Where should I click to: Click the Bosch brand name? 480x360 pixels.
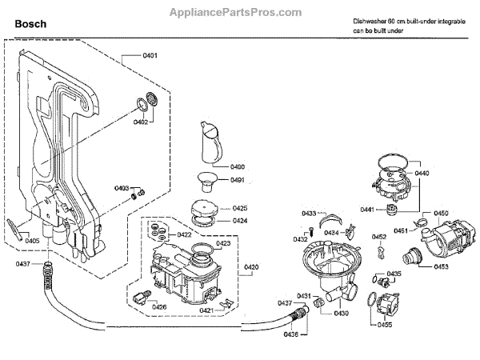pyautogui.click(x=30, y=25)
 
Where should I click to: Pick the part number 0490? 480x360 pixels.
pyautogui.click(x=238, y=166)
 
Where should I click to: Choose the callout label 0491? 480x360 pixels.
pyautogui.click(x=238, y=180)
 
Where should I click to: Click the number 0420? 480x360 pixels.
pyautogui.click(x=251, y=266)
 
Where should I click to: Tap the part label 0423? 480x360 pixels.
pyautogui.click(x=223, y=243)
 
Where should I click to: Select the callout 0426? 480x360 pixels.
pyautogui.click(x=160, y=306)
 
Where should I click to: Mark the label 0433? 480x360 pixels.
pyautogui.click(x=309, y=214)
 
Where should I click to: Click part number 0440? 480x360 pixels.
pyautogui.click(x=422, y=174)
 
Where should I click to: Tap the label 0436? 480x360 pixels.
pyautogui.click(x=291, y=334)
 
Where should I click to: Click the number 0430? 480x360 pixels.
pyautogui.click(x=342, y=313)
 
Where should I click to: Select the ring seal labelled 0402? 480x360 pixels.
pyautogui.click(x=146, y=102)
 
